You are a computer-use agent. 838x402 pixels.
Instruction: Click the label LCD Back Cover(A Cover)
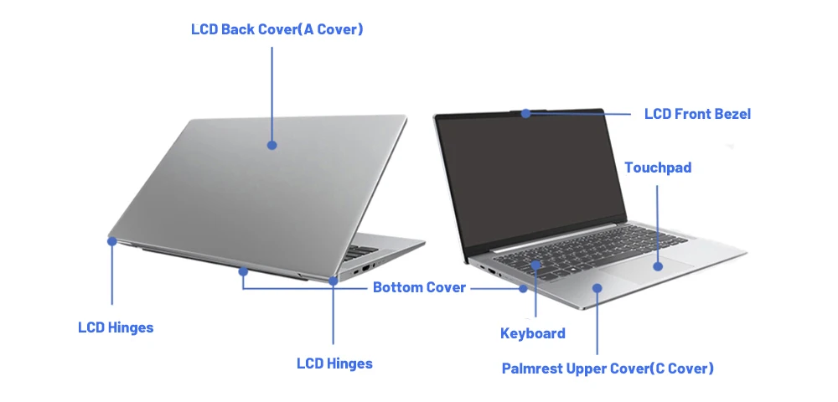[x=277, y=30]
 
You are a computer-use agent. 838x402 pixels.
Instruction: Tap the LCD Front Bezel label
[x=697, y=114]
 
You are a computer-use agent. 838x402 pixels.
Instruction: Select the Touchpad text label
[x=658, y=167]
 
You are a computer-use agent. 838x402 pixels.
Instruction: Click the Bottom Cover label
[x=419, y=287]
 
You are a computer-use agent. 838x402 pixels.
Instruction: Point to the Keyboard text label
[x=532, y=333]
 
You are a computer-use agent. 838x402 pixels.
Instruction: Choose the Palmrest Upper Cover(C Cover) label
[x=608, y=368]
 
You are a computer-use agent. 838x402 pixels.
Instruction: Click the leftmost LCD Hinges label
[x=116, y=327]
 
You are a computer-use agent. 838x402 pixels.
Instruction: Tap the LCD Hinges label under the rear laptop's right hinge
[x=334, y=363]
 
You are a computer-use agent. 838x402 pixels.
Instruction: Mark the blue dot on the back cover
[x=272, y=145]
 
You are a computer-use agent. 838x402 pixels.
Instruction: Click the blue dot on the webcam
[x=525, y=113]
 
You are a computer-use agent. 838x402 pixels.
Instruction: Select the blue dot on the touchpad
[x=658, y=266]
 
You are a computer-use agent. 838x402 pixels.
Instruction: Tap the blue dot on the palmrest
[x=597, y=287]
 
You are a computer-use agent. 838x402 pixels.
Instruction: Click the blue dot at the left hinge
[x=111, y=241]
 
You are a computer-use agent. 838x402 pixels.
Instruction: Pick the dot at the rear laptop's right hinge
[x=334, y=281]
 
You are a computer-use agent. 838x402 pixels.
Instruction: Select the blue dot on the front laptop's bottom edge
[x=524, y=288]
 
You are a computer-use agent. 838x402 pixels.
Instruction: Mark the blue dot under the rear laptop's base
[x=243, y=271]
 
